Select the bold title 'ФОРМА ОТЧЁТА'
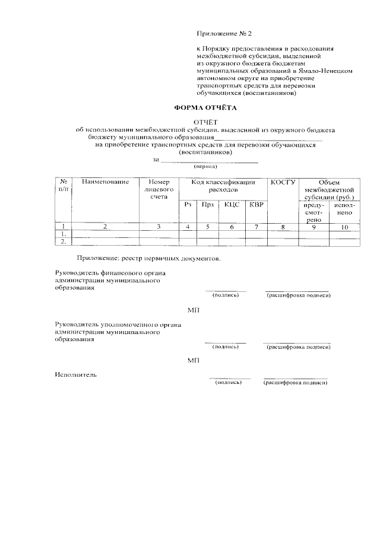(204, 108)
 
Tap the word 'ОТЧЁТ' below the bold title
(205, 122)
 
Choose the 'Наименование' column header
(106, 182)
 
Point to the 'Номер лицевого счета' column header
(159, 189)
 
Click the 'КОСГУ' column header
(283, 182)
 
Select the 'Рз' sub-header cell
(188, 205)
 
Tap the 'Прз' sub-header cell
(207, 205)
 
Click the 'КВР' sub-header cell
(256, 205)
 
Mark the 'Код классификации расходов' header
(223, 185)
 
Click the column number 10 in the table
(344, 227)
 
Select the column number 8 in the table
(283, 227)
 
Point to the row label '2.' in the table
(63, 241)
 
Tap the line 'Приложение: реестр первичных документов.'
(148, 258)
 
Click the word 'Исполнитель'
(75, 374)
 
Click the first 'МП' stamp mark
(194, 310)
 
